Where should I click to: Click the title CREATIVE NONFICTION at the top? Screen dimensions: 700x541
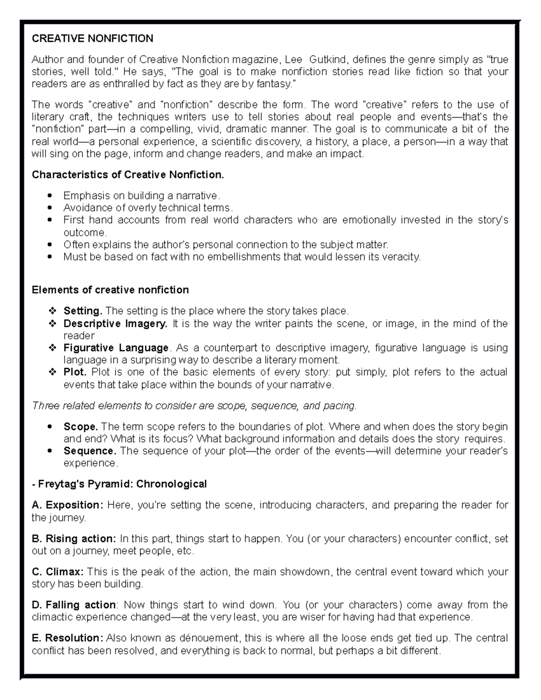(92, 38)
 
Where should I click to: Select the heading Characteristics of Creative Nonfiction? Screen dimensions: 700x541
(128, 175)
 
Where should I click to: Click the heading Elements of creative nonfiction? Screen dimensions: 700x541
(110, 290)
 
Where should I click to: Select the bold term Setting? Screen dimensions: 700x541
(83, 311)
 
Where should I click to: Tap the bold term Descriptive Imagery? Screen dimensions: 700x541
(115, 324)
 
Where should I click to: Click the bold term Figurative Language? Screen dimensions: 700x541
(116, 348)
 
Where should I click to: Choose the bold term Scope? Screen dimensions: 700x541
(81, 427)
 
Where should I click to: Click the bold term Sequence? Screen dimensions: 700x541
(90, 451)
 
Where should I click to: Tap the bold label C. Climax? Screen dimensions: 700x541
(58, 572)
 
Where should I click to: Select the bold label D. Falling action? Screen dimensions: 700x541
(74, 605)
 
